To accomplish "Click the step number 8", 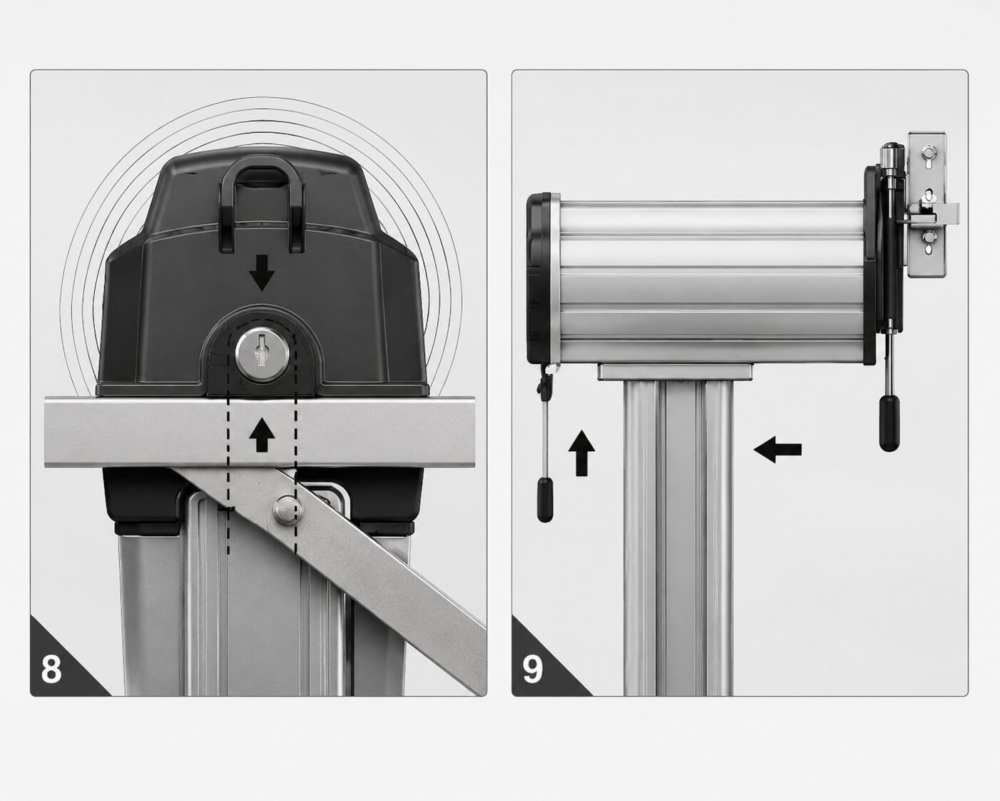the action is point(51,669).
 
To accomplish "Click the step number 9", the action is point(533,669).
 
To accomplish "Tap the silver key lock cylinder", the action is point(262,353).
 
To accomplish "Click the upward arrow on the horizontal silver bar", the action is point(262,435).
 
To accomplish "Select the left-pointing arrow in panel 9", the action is point(777,449).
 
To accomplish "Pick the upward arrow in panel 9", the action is point(581,453).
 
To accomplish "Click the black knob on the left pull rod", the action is point(545,500).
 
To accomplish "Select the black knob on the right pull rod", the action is point(889,423).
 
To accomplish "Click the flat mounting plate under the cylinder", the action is point(675,373).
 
